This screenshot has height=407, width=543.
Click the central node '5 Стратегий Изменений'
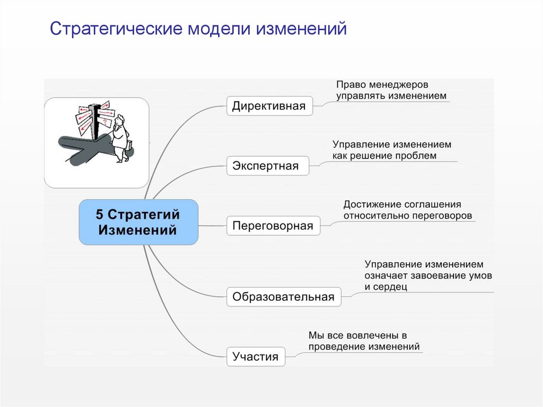pyautogui.click(x=138, y=222)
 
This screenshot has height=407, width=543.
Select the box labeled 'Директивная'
pyautogui.click(x=269, y=106)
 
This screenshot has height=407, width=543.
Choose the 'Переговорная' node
pyautogui.click(x=273, y=226)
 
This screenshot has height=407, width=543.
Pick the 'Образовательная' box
pyautogui.click(x=283, y=297)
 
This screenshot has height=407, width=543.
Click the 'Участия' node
pyautogui.click(x=255, y=357)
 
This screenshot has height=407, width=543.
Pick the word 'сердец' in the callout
pyautogui.click(x=392, y=287)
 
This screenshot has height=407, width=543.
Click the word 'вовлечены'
pyautogui.click(x=371, y=335)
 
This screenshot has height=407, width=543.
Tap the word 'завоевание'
pyautogui.click(x=444, y=275)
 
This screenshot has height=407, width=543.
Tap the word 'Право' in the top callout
pyautogui.click(x=348, y=85)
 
